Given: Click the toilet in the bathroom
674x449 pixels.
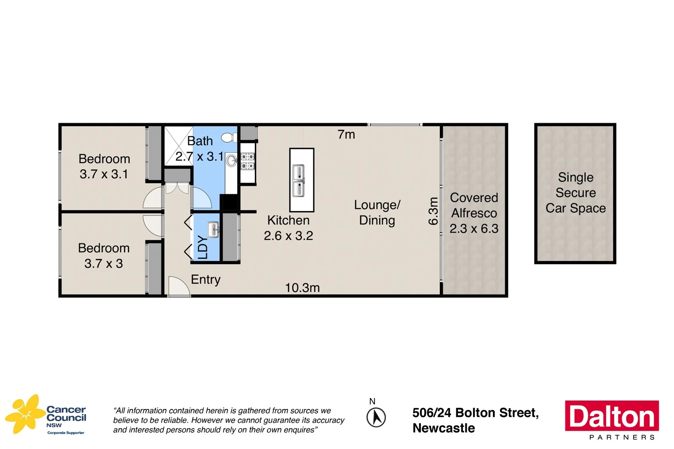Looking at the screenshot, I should [230, 137].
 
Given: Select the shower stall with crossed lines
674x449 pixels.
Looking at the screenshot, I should [178, 145].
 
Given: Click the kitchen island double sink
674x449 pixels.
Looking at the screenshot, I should [299, 181].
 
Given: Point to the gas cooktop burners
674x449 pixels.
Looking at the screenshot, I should [248, 162].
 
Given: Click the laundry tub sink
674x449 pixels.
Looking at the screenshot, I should [214, 230].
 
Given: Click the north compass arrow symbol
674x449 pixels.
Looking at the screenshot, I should [376, 417].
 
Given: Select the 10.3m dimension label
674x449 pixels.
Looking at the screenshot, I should [302, 288].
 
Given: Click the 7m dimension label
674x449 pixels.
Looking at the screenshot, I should [346, 134].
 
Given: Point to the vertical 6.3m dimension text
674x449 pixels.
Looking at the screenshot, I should [433, 211].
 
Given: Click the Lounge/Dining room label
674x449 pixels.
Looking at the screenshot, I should [377, 213].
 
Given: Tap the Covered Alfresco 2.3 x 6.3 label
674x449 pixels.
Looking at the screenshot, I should [474, 213].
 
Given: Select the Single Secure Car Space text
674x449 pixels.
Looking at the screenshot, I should [575, 193].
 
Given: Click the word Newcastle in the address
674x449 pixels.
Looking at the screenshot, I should [444, 428].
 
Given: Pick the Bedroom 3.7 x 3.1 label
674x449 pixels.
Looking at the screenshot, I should [104, 166].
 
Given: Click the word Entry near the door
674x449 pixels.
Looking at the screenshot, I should [206, 279].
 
